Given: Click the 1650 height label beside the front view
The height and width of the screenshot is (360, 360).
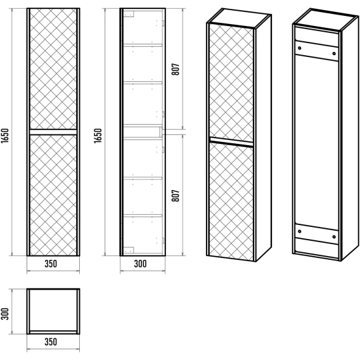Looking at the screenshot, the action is pos(5,136).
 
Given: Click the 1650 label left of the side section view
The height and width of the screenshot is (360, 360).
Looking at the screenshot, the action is pos(98,136).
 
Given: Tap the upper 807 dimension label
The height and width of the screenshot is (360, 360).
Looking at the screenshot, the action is pos(176,69).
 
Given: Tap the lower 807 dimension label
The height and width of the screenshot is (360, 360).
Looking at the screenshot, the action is pos(176,196).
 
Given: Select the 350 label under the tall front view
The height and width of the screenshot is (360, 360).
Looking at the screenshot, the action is pos(51,264).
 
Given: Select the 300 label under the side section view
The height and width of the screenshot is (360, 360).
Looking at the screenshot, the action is pos(140,264).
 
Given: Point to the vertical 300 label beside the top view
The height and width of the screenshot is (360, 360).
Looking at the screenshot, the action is pos(5,314).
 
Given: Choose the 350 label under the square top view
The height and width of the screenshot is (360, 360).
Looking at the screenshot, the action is pos(51,342).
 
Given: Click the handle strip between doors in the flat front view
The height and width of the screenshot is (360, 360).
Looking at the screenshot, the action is pos(53,132).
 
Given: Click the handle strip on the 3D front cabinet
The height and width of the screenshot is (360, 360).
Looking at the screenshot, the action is pos(231,141).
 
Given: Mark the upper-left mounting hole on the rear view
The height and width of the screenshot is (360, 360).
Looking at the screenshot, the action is pos(299,48).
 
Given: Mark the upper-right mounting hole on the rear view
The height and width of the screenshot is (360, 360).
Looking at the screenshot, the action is pos(334,53).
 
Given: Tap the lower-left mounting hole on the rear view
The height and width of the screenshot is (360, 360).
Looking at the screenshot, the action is pos(299,231).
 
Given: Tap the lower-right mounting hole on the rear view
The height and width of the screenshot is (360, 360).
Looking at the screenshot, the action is pos(334,236).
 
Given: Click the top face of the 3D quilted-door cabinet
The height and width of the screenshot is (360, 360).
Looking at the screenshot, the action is pos(239,18).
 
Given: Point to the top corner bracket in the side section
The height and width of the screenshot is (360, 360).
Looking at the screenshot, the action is pos(129,14).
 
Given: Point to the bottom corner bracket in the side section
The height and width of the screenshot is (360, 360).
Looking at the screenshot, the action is pos(129,250).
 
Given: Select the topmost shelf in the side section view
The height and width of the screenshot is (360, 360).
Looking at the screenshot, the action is pos(143,45).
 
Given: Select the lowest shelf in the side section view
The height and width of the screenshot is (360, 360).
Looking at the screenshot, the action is pos(143,215).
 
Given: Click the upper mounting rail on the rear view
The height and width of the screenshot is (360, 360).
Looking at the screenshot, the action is pos(317,51).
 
